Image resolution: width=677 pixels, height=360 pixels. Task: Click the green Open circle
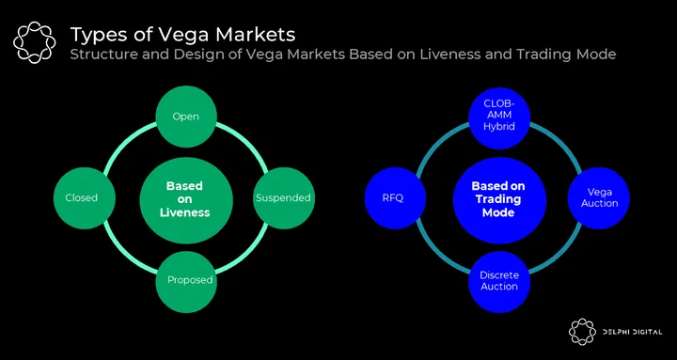[186, 117]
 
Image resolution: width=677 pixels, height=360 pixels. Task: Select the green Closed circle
[85, 197]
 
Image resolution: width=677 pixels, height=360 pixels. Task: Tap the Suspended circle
[284, 197]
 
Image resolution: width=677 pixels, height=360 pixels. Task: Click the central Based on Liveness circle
[186, 200]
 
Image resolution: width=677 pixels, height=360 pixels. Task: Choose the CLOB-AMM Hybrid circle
[499, 117]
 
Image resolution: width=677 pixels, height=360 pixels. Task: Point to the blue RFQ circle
[396, 197]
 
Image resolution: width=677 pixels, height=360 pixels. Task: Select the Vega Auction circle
[599, 197]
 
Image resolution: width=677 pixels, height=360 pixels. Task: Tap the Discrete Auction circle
[499, 282]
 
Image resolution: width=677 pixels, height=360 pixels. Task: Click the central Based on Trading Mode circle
[499, 200]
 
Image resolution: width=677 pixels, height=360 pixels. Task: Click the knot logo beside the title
[34, 42]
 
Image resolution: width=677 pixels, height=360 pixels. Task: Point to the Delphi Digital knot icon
[582, 332]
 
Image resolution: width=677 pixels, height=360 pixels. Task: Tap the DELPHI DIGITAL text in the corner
[632, 332]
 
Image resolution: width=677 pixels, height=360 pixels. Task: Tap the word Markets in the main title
[260, 35]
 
